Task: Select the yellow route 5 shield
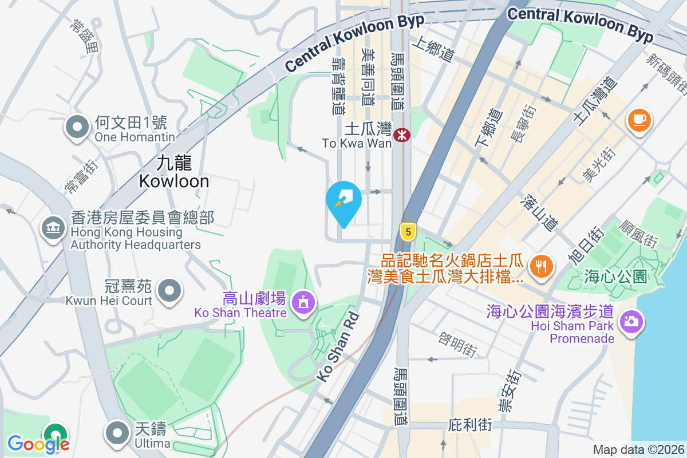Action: coord(408,232)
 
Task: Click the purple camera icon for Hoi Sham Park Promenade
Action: coord(631,321)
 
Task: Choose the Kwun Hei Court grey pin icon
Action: coord(169,290)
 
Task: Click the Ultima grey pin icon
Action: coord(118,433)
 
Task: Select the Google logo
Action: coord(38,444)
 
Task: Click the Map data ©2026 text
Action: coord(638,449)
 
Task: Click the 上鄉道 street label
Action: coord(433,50)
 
